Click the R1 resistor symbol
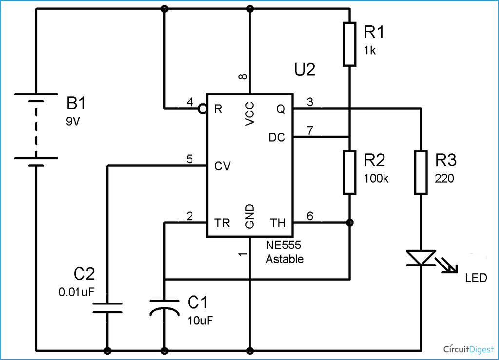(x=350, y=44)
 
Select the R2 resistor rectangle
(x=350, y=172)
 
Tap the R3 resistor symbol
(x=421, y=172)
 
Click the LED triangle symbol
(x=421, y=257)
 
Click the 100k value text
(x=376, y=178)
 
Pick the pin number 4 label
(x=190, y=102)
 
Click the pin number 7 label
(x=310, y=130)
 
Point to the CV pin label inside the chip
(x=223, y=166)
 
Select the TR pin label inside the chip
(x=222, y=223)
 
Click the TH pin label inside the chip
(x=278, y=223)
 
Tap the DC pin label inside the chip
(x=277, y=138)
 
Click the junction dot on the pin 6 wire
(x=349, y=223)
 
